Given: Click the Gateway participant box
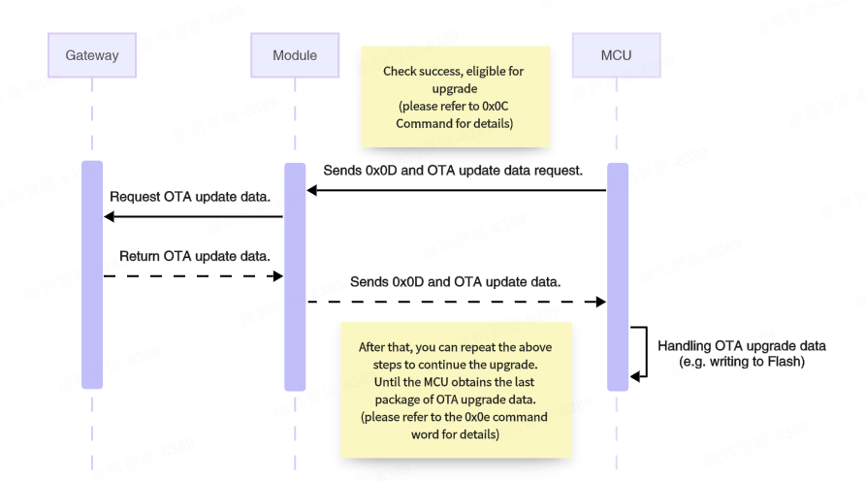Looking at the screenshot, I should [x=92, y=55].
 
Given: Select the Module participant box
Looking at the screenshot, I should [x=295, y=55].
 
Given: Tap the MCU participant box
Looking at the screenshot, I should [x=617, y=55].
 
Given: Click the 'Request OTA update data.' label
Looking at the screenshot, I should [x=190, y=196].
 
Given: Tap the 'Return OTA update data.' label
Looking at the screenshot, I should [x=194, y=256].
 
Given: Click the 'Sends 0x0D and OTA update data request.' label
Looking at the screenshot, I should [x=453, y=170].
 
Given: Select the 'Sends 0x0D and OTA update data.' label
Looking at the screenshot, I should [x=455, y=282].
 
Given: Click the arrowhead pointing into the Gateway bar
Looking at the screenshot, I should [x=109, y=216].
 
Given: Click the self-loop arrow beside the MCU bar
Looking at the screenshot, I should [x=640, y=351].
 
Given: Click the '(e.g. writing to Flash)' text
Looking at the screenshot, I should [x=743, y=362].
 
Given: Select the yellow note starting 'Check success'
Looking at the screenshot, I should [x=456, y=97].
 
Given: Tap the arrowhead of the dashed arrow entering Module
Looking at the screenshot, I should [x=277, y=276].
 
